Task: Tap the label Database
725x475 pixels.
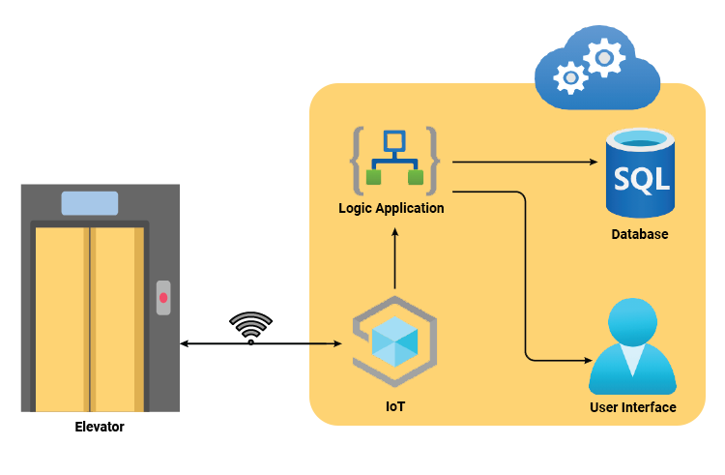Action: point(639,234)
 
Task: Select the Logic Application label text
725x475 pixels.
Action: point(391,208)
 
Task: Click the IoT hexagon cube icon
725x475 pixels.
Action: point(394,341)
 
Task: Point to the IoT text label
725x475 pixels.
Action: point(394,406)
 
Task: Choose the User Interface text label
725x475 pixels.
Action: point(632,407)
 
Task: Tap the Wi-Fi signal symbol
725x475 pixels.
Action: point(251,327)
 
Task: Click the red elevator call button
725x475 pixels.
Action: point(163,297)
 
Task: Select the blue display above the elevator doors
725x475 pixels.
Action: point(90,203)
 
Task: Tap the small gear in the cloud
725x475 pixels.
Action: point(570,76)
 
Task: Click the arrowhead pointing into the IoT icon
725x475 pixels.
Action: point(337,343)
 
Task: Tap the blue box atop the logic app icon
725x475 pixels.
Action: point(393,141)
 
